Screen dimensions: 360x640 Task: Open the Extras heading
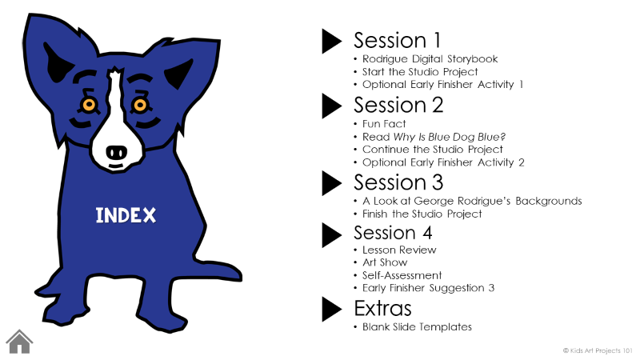click(x=382, y=309)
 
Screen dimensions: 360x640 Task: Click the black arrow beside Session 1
click(x=332, y=41)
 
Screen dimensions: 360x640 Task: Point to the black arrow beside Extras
click(x=332, y=309)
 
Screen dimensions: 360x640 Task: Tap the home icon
click(x=19, y=342)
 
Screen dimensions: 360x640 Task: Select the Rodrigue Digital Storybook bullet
click(x=430, y=59)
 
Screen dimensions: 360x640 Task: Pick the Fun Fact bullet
click(x=384, y=124)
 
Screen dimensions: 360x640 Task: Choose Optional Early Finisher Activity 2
click(x=443, y=162)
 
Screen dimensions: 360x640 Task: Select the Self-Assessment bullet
click(x=402, y=275)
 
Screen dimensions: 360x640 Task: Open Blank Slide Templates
click(x=417, y=326)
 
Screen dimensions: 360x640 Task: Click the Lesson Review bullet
click(x=399, y=250)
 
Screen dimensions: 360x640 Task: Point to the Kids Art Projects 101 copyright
click(x=598, y=350)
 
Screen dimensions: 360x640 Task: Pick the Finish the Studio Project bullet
click(x=422, y=214)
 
